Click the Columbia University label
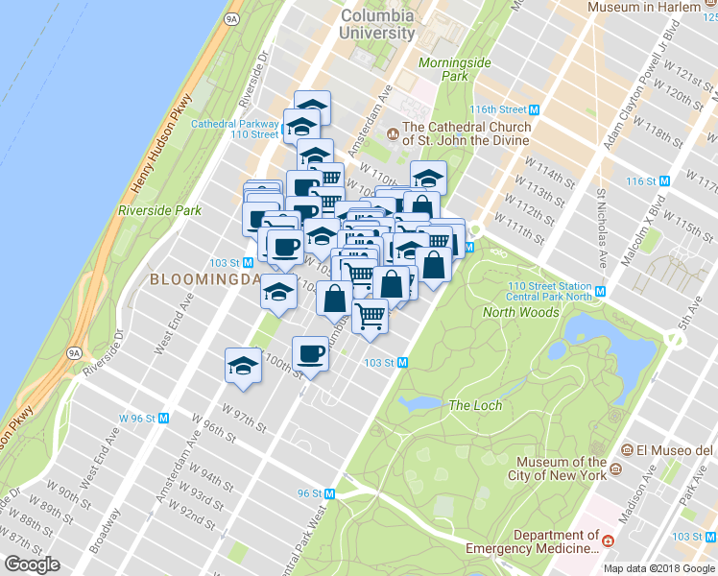click(377, 24)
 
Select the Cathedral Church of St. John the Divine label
click(467, 133)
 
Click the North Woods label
click(520, 312)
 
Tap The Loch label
click(475, 405)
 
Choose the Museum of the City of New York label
click(561, 468)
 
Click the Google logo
click(32, 564)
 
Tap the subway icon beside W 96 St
click(164, 418)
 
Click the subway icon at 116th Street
click(534, 110)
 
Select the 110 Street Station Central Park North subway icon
click(601, 291)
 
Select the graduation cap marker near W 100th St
click(243, 366)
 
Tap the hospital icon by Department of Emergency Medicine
click(608, 541)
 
